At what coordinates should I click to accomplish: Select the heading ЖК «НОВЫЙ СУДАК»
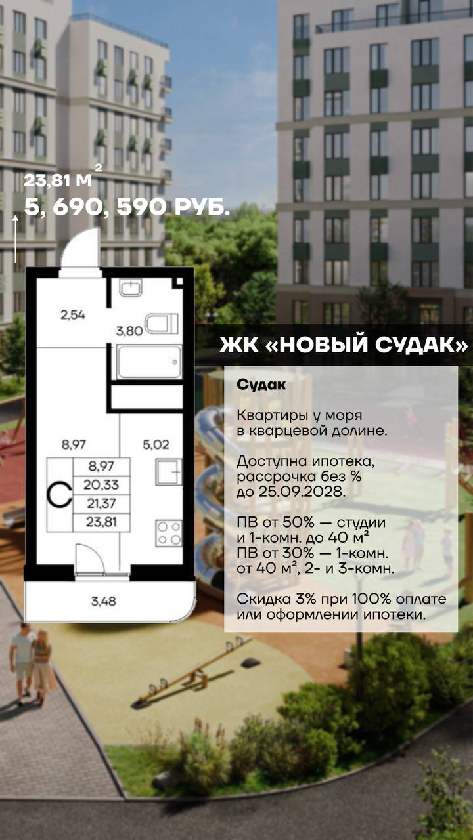pyautogui.click(x=344, y=345)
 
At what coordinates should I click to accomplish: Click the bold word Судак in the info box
pyautogui.click(x=261, y=385)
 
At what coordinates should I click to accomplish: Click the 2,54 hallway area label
pyautogui.click(x=73, y=314)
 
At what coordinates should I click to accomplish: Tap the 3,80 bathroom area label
pyautogui.click(x=129, y=331)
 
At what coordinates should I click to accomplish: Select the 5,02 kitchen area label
pyautogui.click(x=156, y=445)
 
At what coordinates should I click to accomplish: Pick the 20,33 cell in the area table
pyautogui.click(x=101, y=485)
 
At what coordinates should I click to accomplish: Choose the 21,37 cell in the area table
pyautogui.click(x=101, y=503)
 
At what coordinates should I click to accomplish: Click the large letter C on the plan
pyautogui.click(x=59, y=495)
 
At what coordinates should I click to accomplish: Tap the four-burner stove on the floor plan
pyautogui.click(x=169, y=533)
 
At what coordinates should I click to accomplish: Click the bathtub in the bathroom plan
pyautogui.click(x=149, y=362)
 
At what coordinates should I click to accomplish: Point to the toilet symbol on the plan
pyautogui.click(x=162, y=324)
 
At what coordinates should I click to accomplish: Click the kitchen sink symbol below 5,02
pyautogui.click(x=169, y=471)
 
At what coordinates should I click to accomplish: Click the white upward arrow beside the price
pyautogui.click(x=15, y=238)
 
